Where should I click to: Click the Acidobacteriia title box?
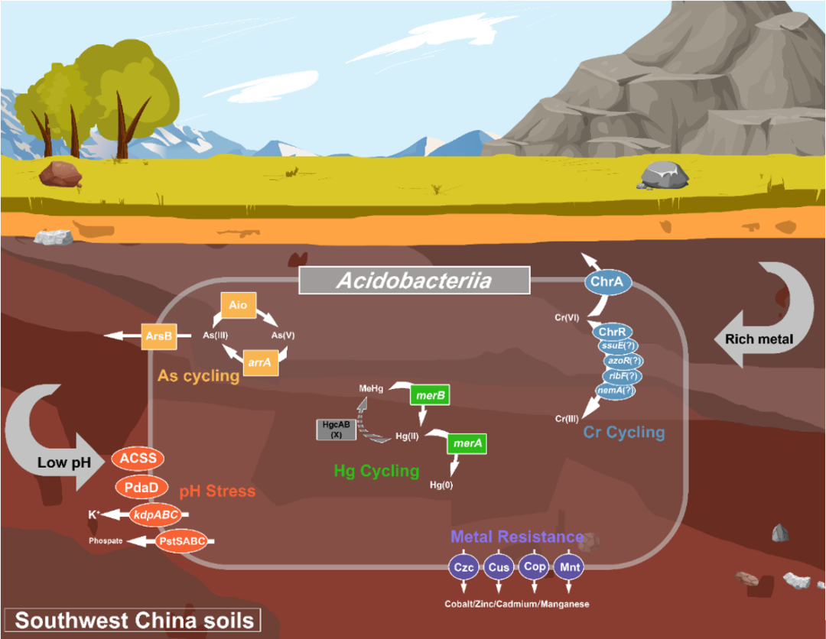tap(415, 281)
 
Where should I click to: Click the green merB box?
tap(430, 396)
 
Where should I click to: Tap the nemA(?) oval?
tap(617, 391)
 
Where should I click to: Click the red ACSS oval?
tap(138, 459)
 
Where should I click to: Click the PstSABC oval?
tap(181, 541)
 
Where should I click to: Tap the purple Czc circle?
tap(463, 567)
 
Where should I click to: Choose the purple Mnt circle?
tap(569, 567)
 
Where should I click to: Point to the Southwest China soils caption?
tap(132, 620)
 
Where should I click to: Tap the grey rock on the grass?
tap(665, 175)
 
